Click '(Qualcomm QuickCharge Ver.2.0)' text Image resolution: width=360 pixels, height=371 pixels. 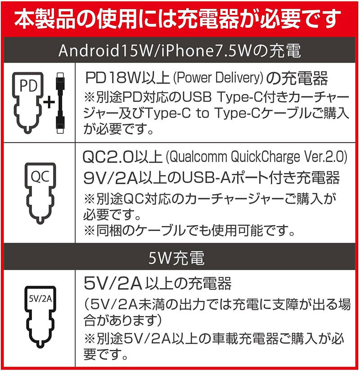pos(256,157)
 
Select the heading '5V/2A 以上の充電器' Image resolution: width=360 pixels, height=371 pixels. pos(157,284)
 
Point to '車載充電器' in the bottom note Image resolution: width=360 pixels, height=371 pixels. pos(225,338)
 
